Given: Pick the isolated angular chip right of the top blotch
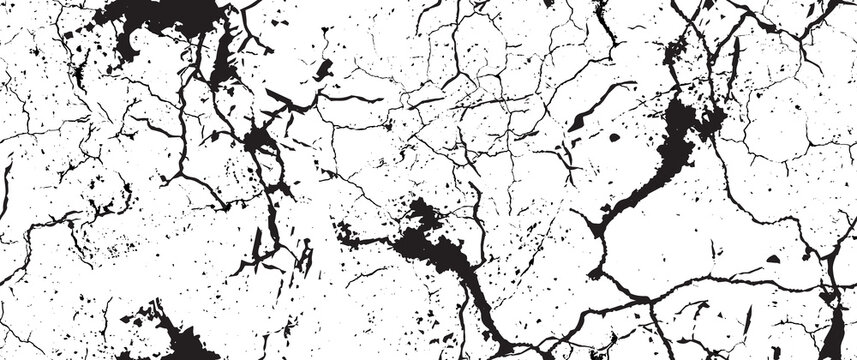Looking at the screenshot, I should (x=323, y=69).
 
